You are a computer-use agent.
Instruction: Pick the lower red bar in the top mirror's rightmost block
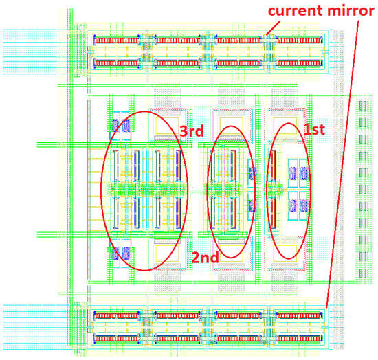pyautogui.click(x=299, y=63)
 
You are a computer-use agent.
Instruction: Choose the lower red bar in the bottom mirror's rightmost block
pyautogui.click(x=299, y=338)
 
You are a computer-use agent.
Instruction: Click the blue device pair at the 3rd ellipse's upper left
pyautogui.click(x=120, y=125)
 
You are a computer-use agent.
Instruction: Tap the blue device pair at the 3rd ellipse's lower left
pyautogui.click(x=120, y=254)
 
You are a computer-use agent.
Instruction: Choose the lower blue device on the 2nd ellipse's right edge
pyautogui.click(x=251, y=205)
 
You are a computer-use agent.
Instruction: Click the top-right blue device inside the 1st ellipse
pyautogui.click(x=302, y=172)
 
